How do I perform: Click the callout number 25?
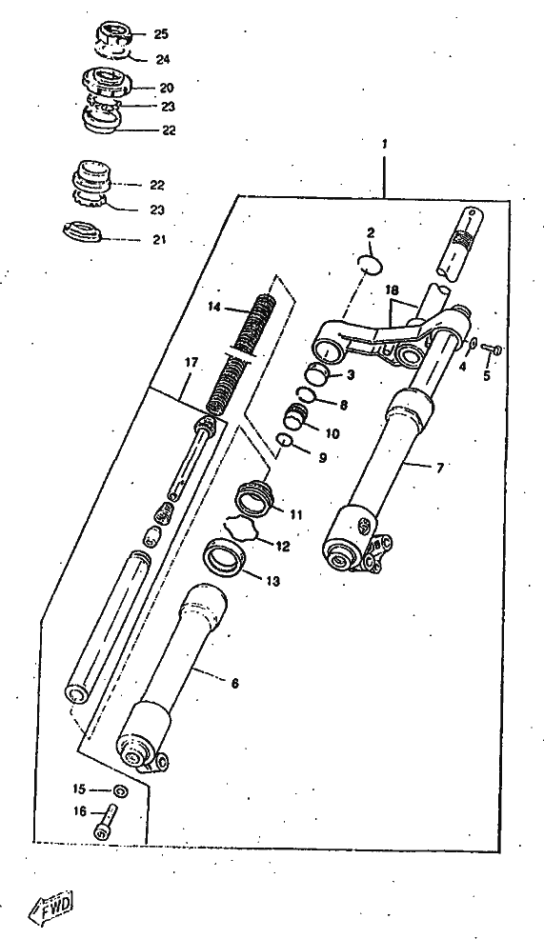[x=161, y=34]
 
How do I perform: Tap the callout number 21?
[x=159, y=240]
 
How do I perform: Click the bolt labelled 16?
[x=107, y=822]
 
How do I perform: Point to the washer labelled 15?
[x=119, y=790]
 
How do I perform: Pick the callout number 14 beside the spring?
[x=214, y=308]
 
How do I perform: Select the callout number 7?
[x=439, y=468]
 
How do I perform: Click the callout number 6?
[x=234, y=683]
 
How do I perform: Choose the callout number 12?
[x=282, y=546]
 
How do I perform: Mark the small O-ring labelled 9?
[x=284, y=441]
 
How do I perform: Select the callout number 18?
[x=392, y=290]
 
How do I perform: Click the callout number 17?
[x=190, y=362]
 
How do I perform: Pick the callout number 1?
[x=385, y=144]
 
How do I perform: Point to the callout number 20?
[x=167, y=88]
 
